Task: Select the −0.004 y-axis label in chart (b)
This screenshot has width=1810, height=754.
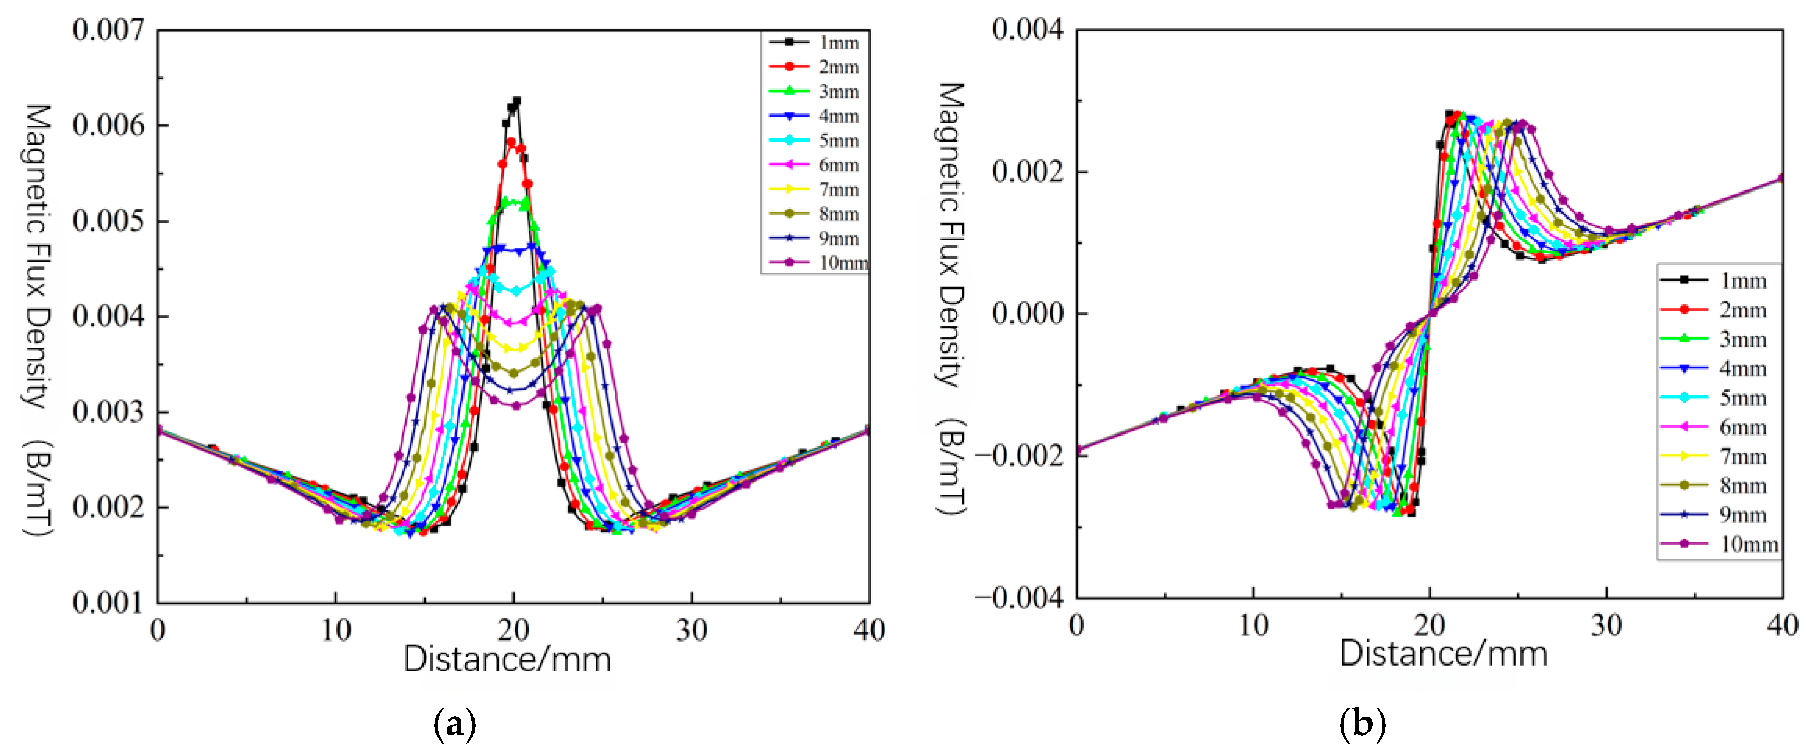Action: click(x=1019, y=598)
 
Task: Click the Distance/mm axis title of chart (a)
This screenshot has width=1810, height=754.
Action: click(x=507, y=659)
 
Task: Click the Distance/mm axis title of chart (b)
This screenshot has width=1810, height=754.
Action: click(x=1443, y=654)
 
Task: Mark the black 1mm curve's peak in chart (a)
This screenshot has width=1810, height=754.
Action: click(x=517, y=100)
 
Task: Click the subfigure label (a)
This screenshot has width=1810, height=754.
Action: click(x=455, y=724)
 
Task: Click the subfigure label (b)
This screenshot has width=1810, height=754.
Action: click(x=1363, y=724)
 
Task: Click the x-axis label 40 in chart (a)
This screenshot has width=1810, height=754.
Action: click(x=869, y=631)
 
